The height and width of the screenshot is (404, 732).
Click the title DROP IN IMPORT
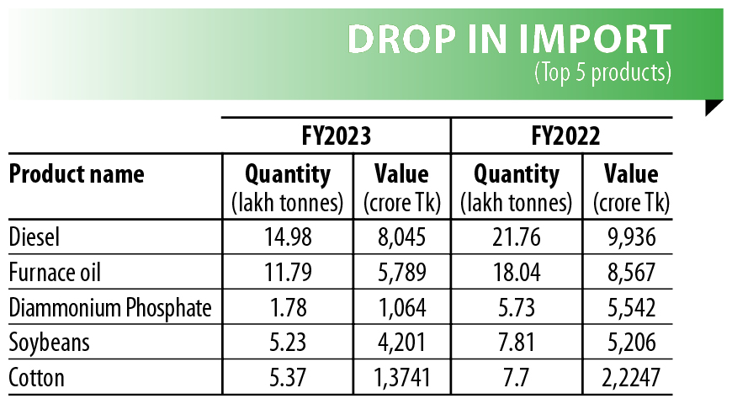click(x=509, y=39)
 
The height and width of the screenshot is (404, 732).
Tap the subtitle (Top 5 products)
click(x=602, y=72)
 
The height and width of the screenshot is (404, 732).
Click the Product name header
click(x=77, y=174)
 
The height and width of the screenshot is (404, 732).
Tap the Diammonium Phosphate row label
click(x=109, y=308)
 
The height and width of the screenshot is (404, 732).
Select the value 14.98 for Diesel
click(x=287, y=237)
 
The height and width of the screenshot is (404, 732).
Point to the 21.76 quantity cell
click(x=516, y=237)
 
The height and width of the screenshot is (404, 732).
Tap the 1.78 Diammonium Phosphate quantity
click(x=287, y=308)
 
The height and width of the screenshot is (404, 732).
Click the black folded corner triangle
click(x=712, y=107)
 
